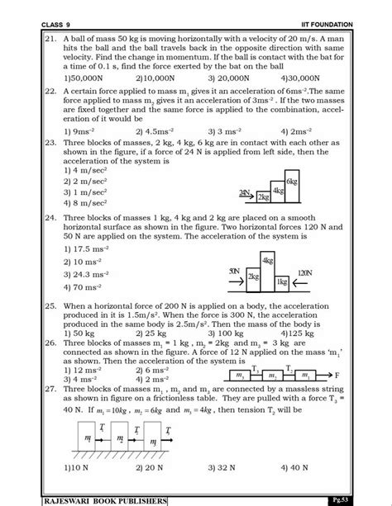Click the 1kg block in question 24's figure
coord(282,282)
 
